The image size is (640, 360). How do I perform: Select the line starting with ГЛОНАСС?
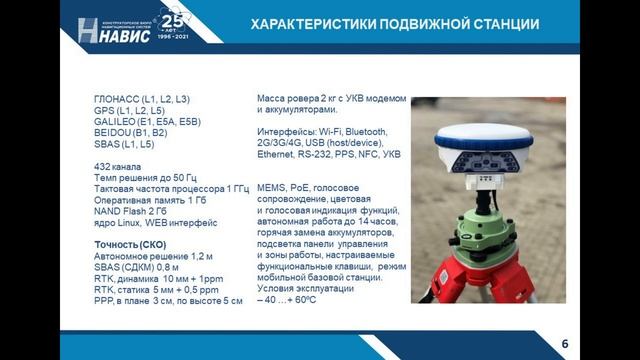[140, 100]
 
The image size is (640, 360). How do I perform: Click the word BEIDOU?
[114, 132]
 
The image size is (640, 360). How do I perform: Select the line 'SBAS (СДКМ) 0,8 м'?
[137, 267]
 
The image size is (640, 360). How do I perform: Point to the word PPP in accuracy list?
[103, 300]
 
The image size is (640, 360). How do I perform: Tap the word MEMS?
[272, 187]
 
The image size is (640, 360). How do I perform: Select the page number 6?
[564, 344]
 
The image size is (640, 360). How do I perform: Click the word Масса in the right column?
[274, 100]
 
